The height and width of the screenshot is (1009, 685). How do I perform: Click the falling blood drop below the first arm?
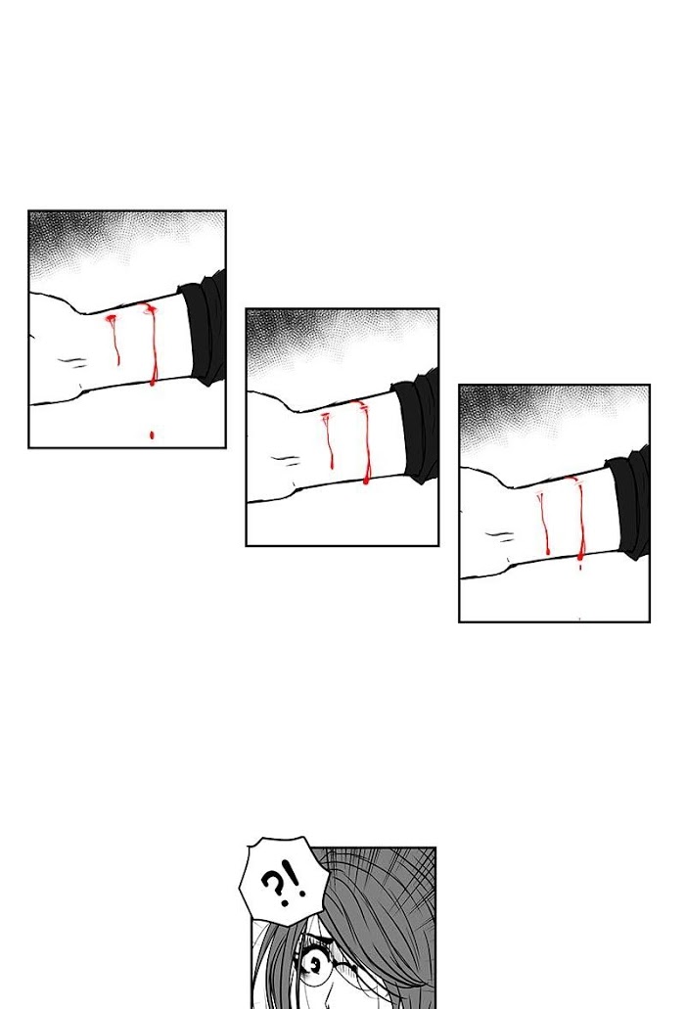(x=152, y=435)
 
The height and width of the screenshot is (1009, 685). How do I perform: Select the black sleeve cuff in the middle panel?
(x=417, y=426)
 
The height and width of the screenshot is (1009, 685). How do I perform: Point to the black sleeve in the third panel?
(x=629, y=502)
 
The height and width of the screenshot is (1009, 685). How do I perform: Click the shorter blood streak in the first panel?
(x=114, y=339)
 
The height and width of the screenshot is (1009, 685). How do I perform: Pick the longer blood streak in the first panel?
(x=152, y=344)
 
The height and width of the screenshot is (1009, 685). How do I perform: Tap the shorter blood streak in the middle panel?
(x=329, y=439)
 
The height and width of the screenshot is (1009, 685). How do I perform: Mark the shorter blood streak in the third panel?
(x=543, y=522)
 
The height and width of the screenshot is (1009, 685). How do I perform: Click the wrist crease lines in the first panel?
(x=73, y=362)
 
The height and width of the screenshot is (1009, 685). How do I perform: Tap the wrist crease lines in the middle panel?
(x=286, y=460)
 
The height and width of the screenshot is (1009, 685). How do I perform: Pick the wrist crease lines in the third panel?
(x=500, y=536)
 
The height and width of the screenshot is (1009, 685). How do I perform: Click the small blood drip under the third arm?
(x=580, y=568)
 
